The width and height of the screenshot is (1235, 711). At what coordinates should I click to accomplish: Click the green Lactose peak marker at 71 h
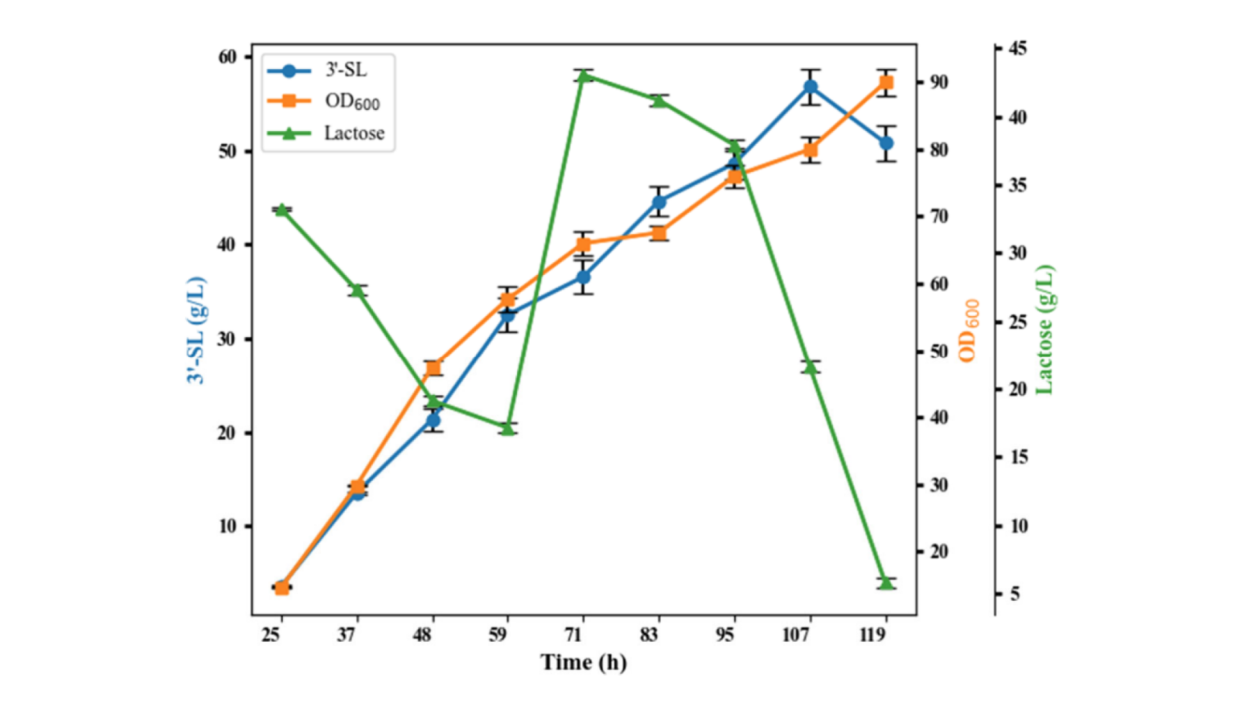click(x=584, y=76)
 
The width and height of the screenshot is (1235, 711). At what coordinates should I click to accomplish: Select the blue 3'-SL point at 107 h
click(x=811, y=87)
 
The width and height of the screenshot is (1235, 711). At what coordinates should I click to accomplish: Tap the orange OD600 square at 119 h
click(x=886, y=82)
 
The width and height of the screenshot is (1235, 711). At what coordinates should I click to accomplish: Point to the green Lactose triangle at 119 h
click(x=886, y=583)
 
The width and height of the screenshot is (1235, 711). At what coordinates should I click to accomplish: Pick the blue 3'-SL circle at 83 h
click(x=660, y=203)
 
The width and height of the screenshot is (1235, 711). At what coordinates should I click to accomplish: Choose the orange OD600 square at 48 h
click(x=433, y=368)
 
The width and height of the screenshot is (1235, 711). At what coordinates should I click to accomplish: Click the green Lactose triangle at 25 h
click(x=282, y=210)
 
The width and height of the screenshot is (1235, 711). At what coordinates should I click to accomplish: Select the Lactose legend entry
click(x=326, y=133)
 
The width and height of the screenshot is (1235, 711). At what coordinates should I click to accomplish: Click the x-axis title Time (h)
click(x=583, y=662)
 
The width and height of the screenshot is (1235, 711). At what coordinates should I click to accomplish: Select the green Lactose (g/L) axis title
click(x=1044, y=330)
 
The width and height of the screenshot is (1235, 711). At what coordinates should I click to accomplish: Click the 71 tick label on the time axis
click(x=573, y=635)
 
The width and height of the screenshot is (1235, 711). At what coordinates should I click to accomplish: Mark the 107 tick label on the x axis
click(x=796, y=635)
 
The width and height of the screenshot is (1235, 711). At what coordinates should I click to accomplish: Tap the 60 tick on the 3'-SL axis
click(x=228, y=57)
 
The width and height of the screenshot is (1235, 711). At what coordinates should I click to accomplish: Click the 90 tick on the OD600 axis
click(x=939, y=82)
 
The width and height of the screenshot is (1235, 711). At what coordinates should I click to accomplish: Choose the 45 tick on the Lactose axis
click(x=1017, y=49)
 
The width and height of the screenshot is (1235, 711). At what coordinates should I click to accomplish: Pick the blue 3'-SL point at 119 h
click(x=886, y=143)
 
